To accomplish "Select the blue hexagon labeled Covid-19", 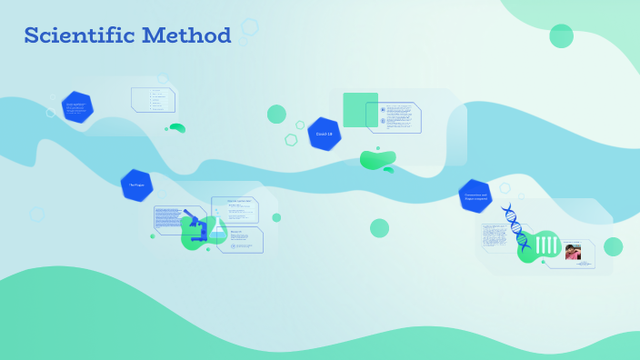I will (x=324, y=134).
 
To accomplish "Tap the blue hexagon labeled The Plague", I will (x=136, y=185).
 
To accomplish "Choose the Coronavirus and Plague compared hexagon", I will (x=475, y=196).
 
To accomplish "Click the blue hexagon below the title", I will (x=77, y=106).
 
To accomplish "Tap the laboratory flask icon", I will (x=218, y=230).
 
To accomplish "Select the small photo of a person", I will (x=573, y=252).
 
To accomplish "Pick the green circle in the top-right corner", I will (x=561, y=36).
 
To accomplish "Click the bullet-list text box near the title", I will (x=154, y=99).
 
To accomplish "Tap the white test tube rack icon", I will (x=546, y=245).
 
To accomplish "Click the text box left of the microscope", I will (x=168, y=219).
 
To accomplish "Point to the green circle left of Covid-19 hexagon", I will (x=276, y=114).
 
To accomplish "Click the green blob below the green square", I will (x=377, y=160).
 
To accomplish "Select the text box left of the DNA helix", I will (x=496, y=237).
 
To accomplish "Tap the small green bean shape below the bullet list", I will (x=177, y=128).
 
